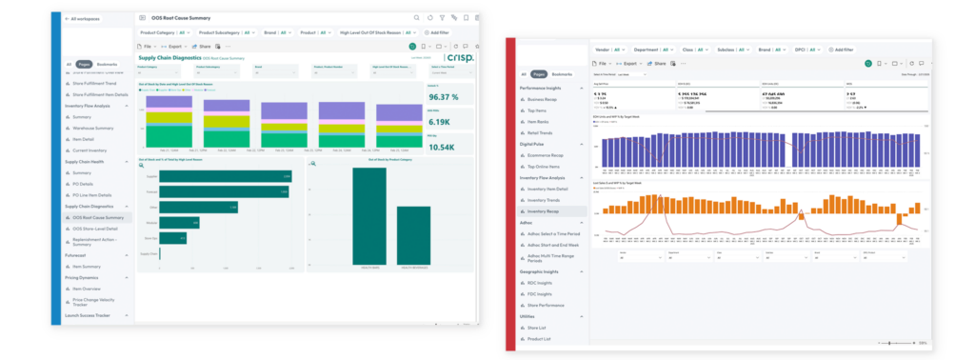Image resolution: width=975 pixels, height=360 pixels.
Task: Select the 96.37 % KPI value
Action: pyautogui.click(x=445, y=96)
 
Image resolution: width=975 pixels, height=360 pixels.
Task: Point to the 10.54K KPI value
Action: pyautogui.click(x=445, y=147)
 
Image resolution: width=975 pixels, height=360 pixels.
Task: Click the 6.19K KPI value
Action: pyautogui.click(x=445, y=122)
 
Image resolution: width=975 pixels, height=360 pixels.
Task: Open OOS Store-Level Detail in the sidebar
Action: pyautogui.click(x=95, y=229)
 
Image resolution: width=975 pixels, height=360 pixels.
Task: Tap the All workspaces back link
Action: pyautogui.click(x=86, y=18)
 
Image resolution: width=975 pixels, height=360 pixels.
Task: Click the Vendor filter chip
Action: pyautogui.click(x=606, y=49)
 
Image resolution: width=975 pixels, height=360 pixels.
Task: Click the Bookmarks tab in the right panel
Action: pyautogui.click(x=564, y=73)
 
